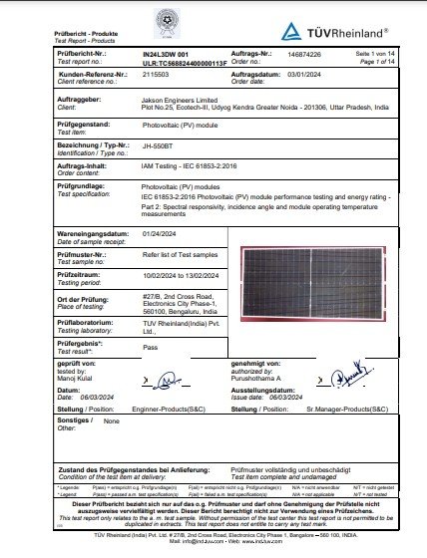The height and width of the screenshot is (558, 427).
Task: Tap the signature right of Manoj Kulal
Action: click(161, 380)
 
